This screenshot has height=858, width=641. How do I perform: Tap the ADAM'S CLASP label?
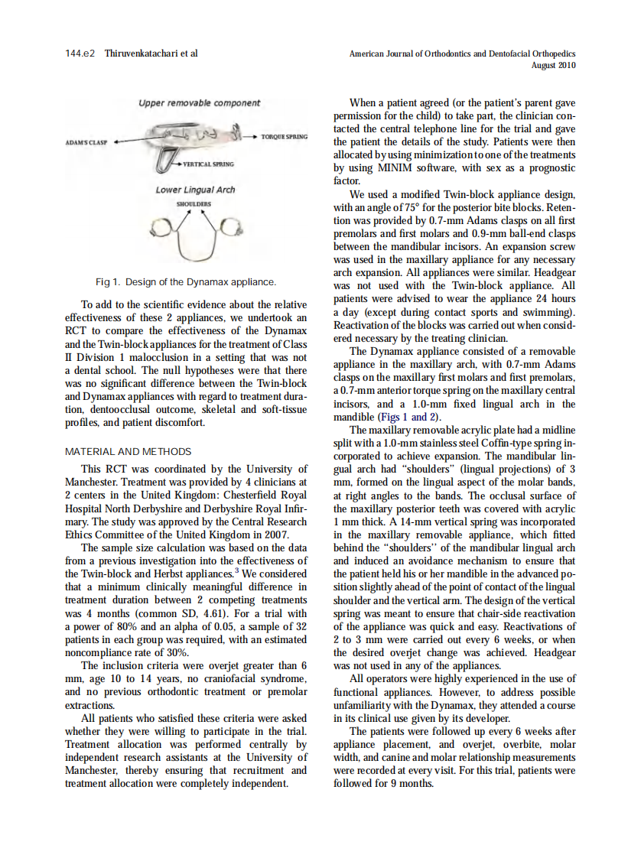tap(86, 143)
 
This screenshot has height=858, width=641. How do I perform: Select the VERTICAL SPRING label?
tap(207, 164)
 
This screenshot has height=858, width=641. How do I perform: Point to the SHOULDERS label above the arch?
tap(193, 205)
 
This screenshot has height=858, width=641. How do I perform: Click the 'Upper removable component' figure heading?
tap(199, 102)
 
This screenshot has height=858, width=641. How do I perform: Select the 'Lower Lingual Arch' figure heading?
tap(196, 190)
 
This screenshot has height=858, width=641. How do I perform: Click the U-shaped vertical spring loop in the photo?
tap(163, 161)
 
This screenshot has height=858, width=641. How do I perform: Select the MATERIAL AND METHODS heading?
tap(128, 452)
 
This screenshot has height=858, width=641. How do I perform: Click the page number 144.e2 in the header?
tap(80, 54)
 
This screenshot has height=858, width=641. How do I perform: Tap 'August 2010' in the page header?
tap(553, 66)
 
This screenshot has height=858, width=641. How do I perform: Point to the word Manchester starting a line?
tap(96, 770)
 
